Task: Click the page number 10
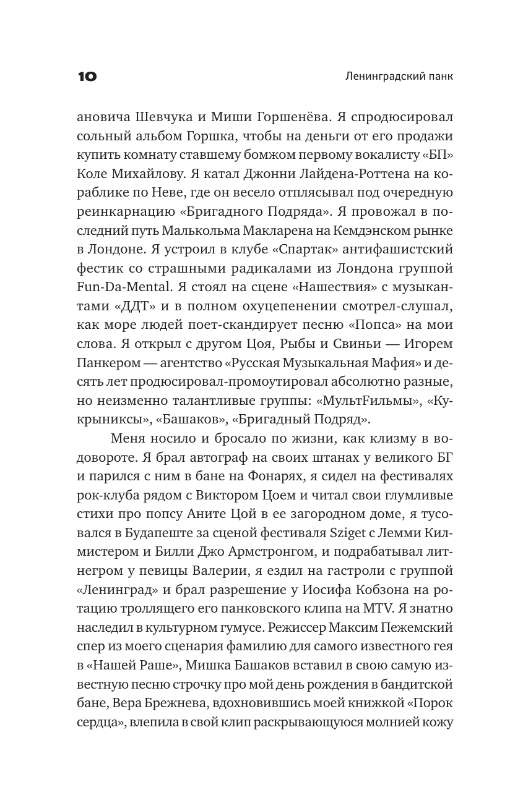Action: click(87, 77)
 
